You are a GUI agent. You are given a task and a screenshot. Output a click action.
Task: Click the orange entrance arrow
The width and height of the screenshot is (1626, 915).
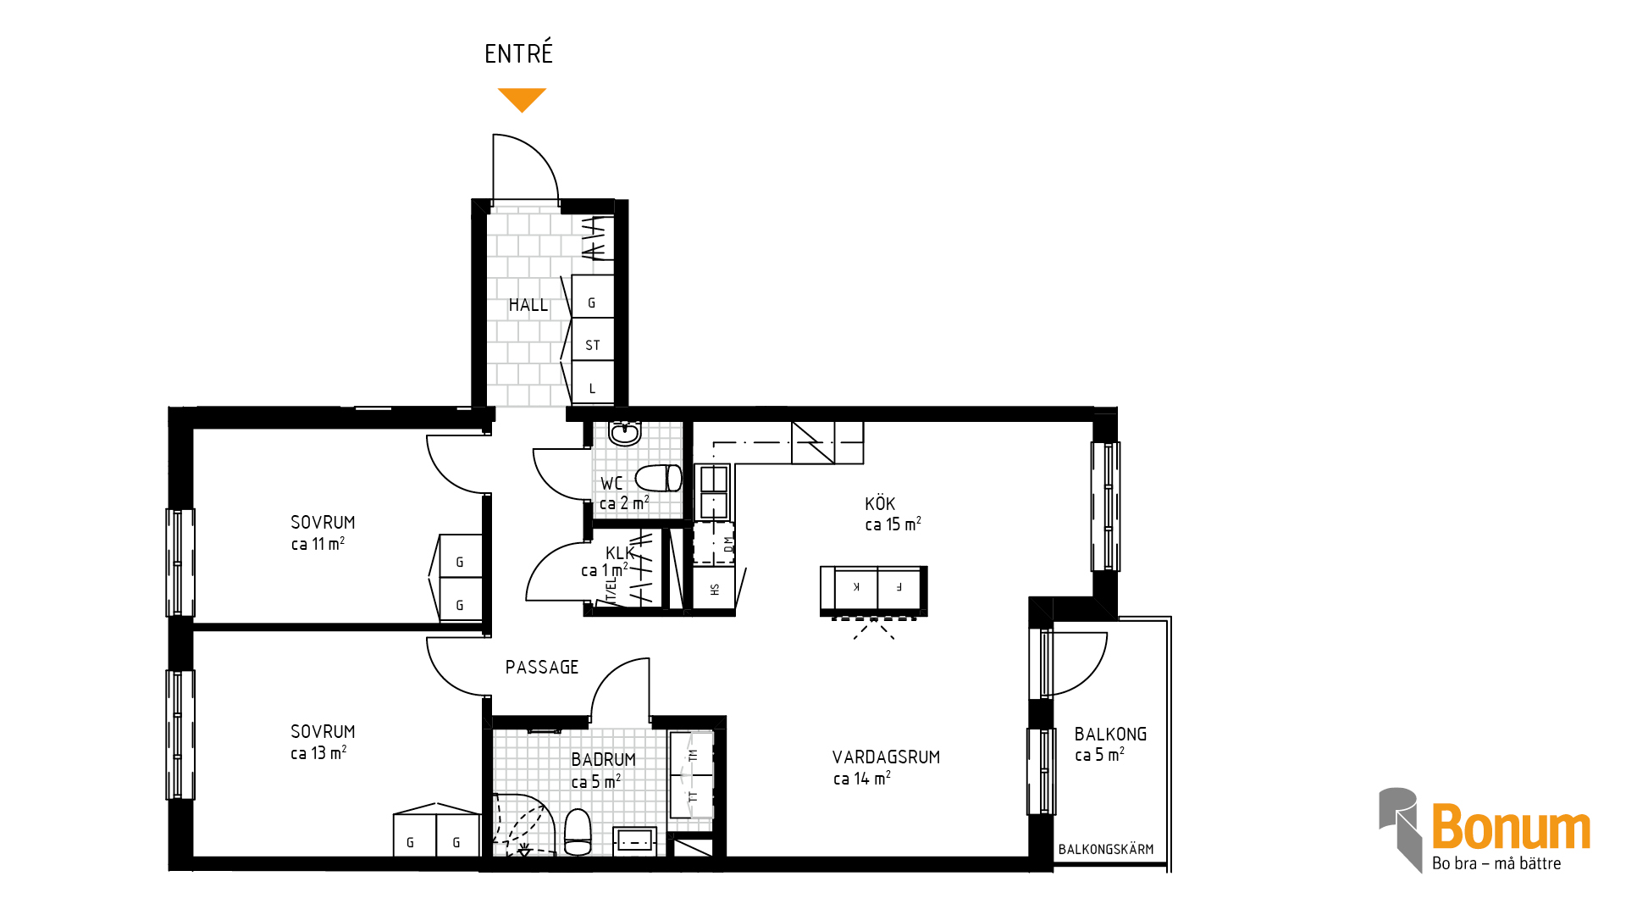(x=522, y=99)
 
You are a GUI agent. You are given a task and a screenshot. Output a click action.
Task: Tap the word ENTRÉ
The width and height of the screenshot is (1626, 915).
(x=518, y=53)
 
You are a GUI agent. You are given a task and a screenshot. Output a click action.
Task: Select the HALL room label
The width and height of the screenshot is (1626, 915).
(x=528, y=305)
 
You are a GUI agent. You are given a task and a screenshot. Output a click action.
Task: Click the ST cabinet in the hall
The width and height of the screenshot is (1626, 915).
(x=593, y=339)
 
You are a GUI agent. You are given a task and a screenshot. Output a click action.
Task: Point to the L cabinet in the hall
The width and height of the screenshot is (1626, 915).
(x=593, y=383)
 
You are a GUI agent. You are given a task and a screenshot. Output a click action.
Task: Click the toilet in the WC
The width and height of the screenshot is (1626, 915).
(x=659, y=478)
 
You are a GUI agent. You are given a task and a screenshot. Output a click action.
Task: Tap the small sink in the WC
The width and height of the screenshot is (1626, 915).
(x=625, y=433)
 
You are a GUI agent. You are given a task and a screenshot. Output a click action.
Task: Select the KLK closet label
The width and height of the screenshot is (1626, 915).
(x=620, y=553)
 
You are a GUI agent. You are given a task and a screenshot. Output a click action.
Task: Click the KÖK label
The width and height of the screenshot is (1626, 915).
(x=880, y=504)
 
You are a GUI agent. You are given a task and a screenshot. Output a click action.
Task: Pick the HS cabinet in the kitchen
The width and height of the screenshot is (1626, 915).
(x=714, y=589)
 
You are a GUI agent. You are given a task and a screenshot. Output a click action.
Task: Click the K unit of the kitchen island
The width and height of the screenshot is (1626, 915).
(x=856, y=587)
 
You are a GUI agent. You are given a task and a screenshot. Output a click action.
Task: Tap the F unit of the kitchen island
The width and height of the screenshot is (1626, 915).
(x=899, y=587)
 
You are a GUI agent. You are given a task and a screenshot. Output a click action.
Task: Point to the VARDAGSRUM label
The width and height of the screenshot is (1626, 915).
(x=886, y=757)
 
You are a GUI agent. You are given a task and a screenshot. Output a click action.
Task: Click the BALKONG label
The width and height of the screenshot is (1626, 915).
(x=1110, y=735)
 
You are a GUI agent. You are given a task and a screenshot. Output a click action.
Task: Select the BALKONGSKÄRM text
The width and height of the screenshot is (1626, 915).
(x=1106, y=850)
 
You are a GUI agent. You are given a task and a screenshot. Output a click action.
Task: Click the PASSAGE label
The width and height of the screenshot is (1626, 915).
(x=542, y=668)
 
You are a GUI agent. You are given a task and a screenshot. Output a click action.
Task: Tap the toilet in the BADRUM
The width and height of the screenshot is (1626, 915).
(x=578, y=832)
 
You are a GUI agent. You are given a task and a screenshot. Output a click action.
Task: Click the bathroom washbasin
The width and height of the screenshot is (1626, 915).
(x=634, y=840)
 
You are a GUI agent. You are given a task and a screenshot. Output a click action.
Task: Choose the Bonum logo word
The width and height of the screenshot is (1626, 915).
(x=1512, y=827)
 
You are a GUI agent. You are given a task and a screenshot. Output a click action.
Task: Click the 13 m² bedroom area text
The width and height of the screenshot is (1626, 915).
(x=318, y=753)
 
